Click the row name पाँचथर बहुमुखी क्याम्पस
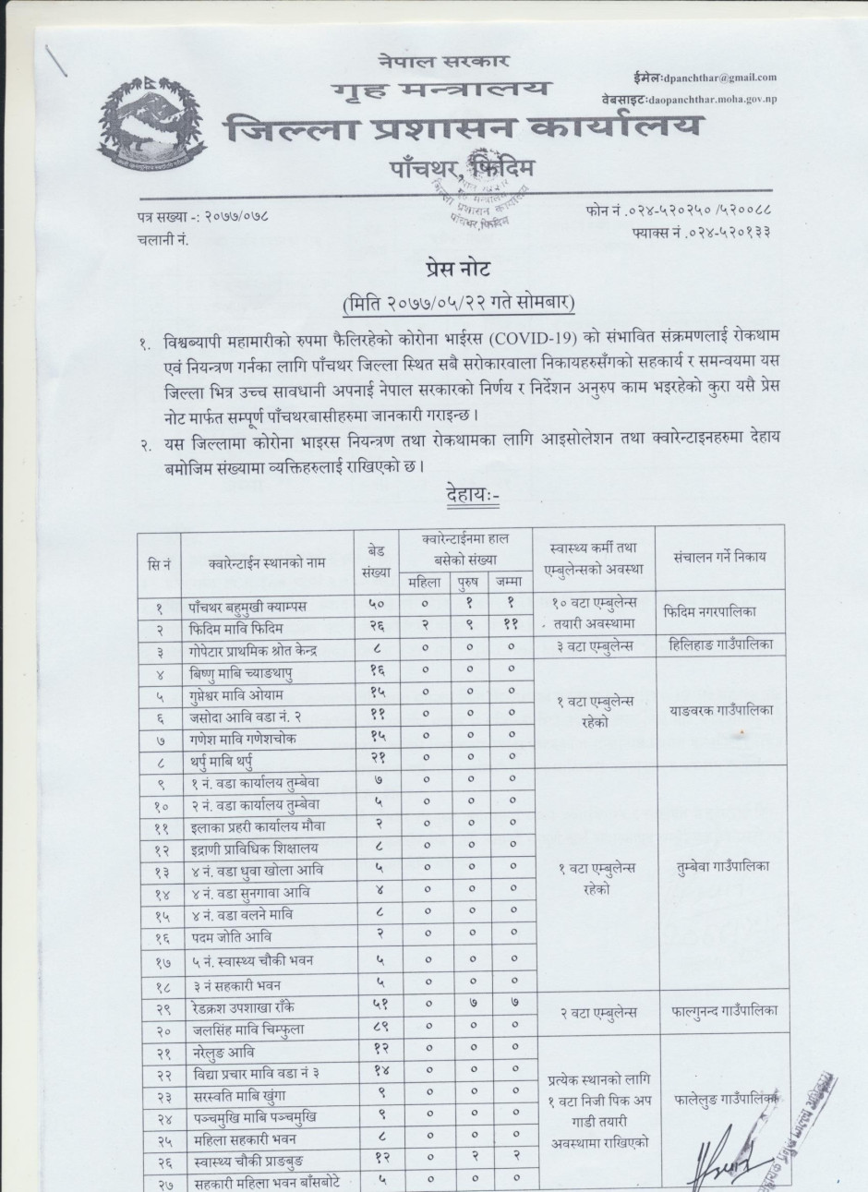tap(246, 607)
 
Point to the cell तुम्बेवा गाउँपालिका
tap(723, 867)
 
